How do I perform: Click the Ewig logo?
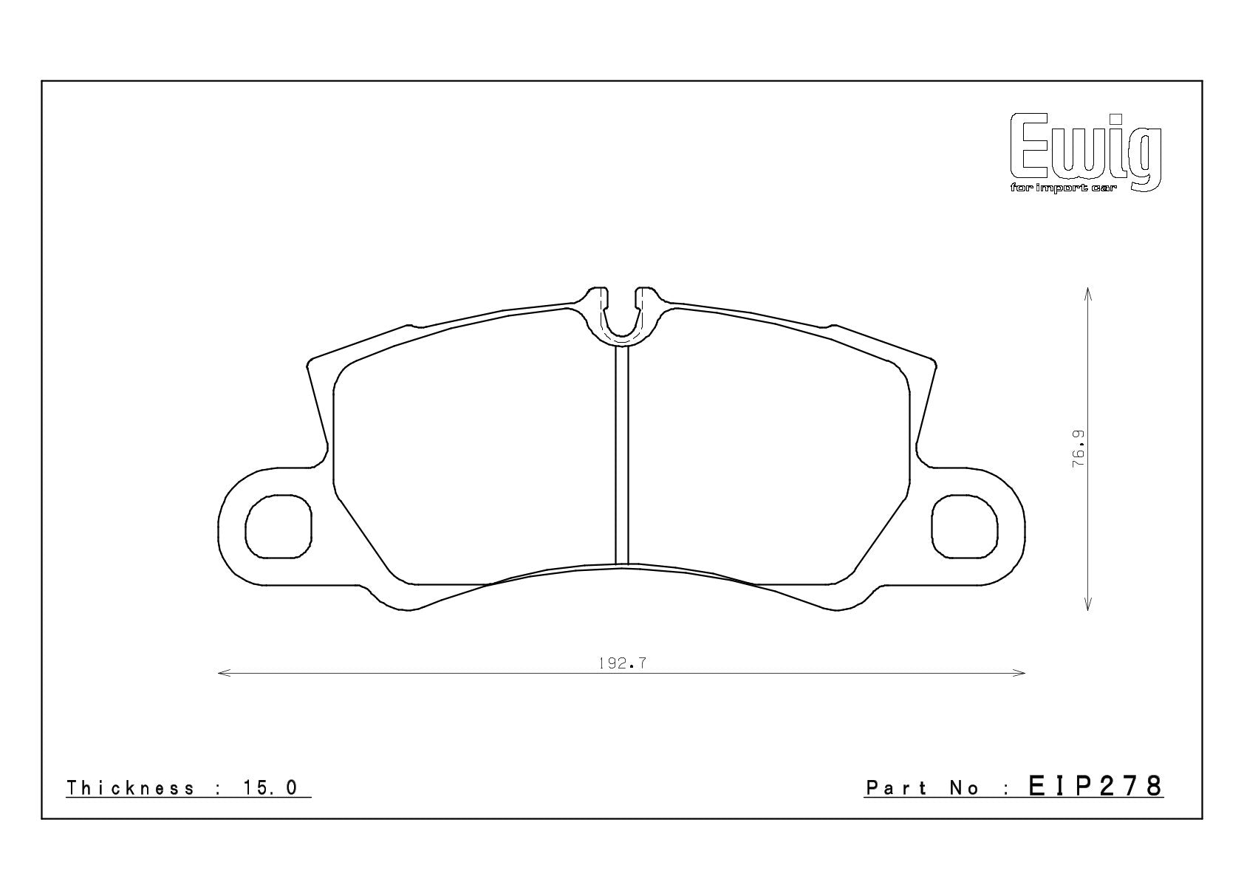pos(1086,153)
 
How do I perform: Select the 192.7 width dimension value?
pos(623,663)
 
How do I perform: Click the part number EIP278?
pos(1096,786)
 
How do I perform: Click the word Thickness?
pos(130,788)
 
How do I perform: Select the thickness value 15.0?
pos(271,788)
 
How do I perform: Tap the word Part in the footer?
pos(896,788)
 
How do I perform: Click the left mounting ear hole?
pos(278,527)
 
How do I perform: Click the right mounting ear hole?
pos(965,527)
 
